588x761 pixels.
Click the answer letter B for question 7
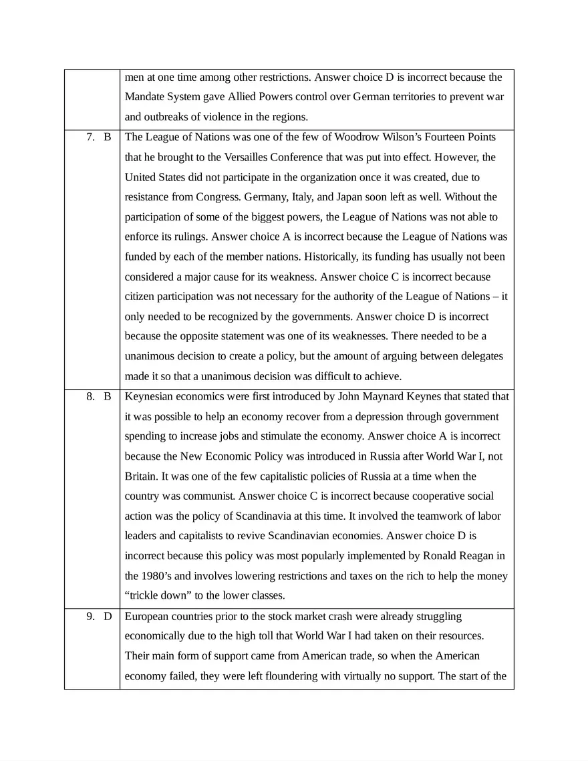107,137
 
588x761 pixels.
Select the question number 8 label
90,397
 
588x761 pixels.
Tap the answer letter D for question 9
107,617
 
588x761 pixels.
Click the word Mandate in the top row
146,97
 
